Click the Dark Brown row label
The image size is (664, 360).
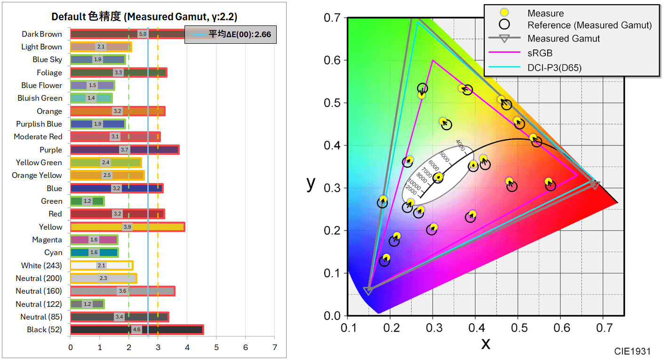41,34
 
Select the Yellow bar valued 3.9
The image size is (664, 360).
127,227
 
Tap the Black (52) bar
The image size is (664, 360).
136,329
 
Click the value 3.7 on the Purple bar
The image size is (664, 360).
124,150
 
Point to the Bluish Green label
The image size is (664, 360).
40,98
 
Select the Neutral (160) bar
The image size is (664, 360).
122,291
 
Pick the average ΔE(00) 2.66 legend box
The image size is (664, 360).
231,34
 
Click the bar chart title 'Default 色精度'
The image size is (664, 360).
144,17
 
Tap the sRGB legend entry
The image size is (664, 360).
540,53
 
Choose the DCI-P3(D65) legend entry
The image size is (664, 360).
554,68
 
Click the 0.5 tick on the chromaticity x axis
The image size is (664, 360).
518,327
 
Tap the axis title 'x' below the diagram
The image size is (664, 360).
485,343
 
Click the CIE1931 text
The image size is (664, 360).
632,351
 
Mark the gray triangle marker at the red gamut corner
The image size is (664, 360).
594,184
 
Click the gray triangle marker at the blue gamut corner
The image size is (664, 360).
368,291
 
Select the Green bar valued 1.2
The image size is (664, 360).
87,201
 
